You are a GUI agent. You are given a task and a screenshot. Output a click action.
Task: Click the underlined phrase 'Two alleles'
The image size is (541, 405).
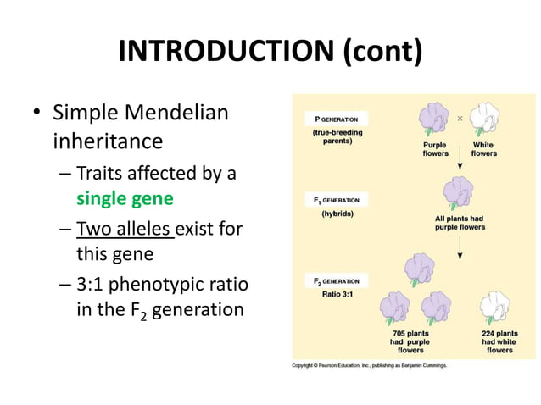click(125, 228)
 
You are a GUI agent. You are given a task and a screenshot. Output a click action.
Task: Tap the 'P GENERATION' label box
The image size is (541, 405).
click(336, 119)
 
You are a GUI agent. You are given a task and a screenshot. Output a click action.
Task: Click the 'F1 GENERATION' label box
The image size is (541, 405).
click(336, 201)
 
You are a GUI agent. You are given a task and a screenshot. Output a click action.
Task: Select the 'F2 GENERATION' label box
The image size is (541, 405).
click(336, 281)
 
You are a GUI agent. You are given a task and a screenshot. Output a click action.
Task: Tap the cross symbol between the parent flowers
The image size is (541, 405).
click(460, 119)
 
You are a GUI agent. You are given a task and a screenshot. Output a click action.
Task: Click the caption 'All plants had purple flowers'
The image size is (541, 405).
click(459, 223)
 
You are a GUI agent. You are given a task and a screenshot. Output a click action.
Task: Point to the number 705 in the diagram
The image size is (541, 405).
click(399, 334)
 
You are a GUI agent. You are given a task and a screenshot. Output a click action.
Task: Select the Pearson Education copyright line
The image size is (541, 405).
click(369, 365)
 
